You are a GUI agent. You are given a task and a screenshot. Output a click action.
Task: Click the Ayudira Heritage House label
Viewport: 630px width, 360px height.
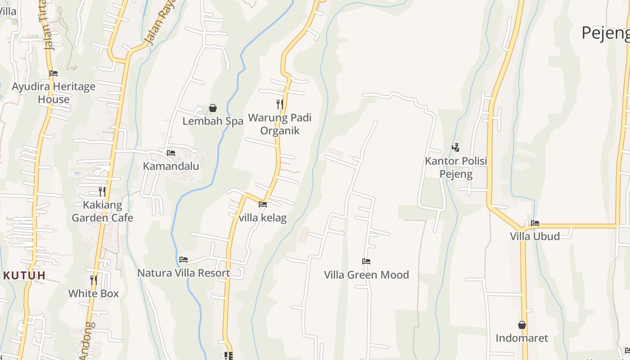[54, 93]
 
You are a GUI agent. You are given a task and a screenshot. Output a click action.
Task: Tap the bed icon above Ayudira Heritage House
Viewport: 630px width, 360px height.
[54, 73]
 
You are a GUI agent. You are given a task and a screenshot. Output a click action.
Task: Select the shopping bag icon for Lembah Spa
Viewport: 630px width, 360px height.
[213, 108]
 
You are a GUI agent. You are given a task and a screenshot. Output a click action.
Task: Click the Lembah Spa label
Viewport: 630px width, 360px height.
[213, 121]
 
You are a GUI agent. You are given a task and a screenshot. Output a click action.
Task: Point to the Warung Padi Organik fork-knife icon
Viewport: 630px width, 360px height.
[280, 104]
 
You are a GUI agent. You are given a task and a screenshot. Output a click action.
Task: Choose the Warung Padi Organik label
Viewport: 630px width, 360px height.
[280, 124]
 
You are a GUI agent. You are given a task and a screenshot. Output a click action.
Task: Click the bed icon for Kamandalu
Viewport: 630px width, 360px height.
[171, 153]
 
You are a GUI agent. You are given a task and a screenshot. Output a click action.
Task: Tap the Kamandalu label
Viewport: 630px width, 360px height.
[171, 166]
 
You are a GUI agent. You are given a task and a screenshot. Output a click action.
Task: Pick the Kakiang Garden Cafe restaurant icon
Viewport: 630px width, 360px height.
[103, 192]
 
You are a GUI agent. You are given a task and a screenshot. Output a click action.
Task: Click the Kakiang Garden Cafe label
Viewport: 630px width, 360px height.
[103, 211]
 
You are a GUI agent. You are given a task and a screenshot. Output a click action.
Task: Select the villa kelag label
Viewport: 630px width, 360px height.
[263, 218]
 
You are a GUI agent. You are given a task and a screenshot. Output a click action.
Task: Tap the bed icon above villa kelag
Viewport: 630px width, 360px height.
[263, 204]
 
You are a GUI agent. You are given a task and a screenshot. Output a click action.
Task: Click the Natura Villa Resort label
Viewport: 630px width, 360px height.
[184, 273]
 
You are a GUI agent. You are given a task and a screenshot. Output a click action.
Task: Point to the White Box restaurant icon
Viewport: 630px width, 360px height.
[94, 280]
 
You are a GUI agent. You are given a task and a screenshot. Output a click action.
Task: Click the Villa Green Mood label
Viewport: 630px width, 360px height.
[366, 274]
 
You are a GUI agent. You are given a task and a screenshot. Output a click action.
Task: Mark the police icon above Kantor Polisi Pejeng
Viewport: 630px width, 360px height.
[456, 147]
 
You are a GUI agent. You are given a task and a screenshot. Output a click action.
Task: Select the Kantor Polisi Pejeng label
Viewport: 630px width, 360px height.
[456, 167]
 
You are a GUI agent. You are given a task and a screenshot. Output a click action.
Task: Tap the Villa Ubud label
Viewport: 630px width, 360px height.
[535, 236]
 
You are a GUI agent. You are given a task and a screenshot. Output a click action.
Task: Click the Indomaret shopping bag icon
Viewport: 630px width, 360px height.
[522, 325]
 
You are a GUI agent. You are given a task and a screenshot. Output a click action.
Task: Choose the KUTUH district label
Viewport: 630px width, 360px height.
[25, 275]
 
